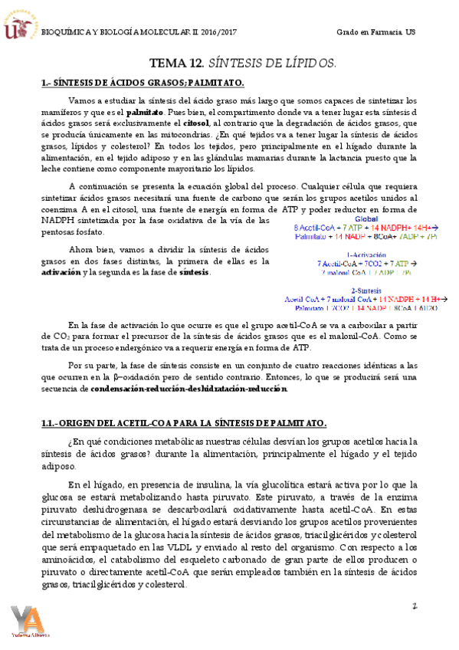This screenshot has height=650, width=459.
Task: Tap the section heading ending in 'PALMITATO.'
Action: click(x=143, y=83)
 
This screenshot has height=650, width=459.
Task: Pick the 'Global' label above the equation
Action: click(x=366, y=218)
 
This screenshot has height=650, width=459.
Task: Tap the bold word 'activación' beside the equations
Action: click(x=59, y=273)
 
